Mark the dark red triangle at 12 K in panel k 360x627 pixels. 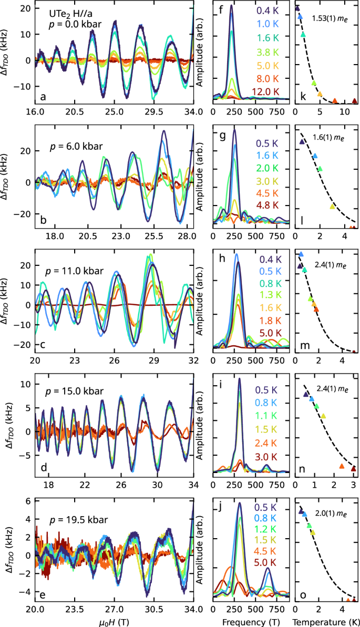pos(354,101)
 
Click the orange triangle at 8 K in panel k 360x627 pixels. pos(335,100)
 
